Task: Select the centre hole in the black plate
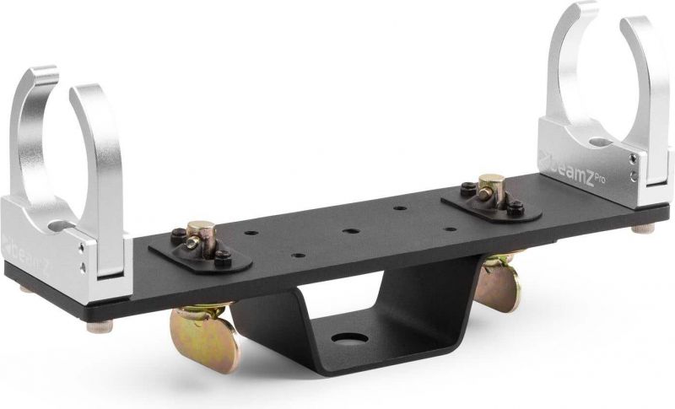click(x=348, y=229)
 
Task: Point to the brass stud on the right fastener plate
click(x=487, y=185)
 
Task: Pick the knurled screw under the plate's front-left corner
click(x=94, y=326)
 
